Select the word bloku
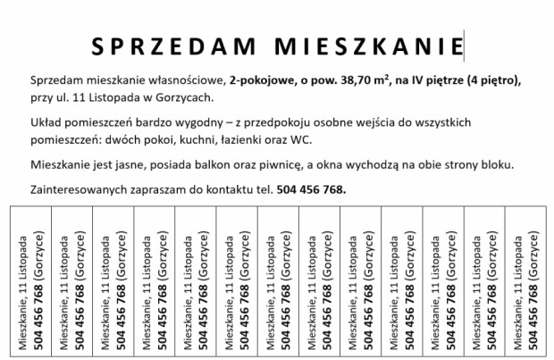pyautogui.click(x=523, y=165)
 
